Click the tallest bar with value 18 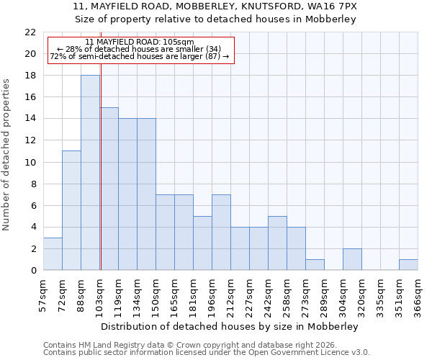(90, 173)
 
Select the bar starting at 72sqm (71, 210)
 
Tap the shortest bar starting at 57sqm (53, 253)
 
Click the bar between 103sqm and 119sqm (109, 189)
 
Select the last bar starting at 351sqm (408, 264)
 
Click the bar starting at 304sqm (352, 259)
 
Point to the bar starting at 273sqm (315, 264)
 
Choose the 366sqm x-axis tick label (418, 292)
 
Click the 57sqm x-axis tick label (43, 292)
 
